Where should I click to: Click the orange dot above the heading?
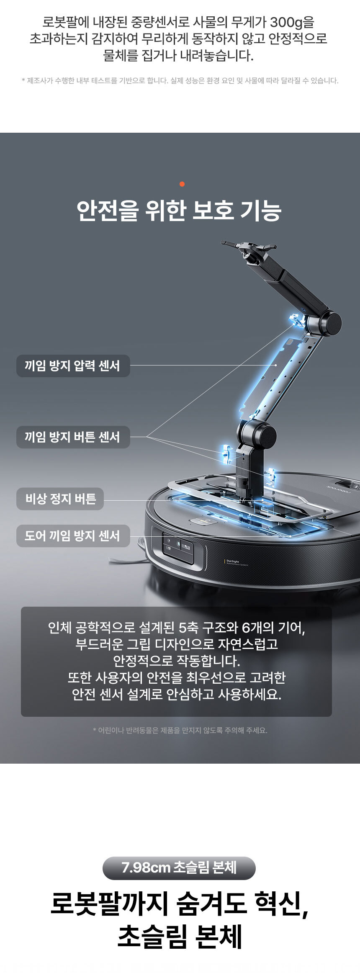182,184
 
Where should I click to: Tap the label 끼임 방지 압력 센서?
73,366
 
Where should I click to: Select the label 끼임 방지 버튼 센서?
73,437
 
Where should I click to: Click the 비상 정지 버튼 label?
60,499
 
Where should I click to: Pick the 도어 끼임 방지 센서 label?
73,536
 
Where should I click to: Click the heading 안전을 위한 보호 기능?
179,211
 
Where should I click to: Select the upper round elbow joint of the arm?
329,323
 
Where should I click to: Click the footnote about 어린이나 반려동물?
180,730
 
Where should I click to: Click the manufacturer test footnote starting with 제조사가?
180,81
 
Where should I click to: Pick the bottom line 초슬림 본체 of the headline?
180,937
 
